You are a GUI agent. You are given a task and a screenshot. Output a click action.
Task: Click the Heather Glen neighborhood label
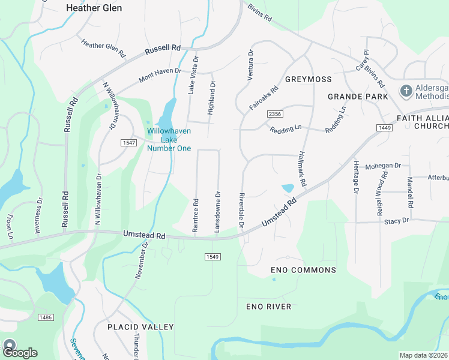coord(94,8)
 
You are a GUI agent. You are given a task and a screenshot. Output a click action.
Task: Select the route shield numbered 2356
coord(275,114)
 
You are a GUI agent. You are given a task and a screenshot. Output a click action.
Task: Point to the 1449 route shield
coord(385,128)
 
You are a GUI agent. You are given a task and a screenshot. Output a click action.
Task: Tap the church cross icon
coord(406,91)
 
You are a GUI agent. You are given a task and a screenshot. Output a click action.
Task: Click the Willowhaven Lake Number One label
coord(169,140)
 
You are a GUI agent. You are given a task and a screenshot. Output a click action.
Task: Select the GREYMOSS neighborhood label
coord(308,79)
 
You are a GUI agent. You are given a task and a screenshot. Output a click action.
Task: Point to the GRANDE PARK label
coord(354,97)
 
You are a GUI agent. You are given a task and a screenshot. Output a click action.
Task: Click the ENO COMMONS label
coord(304,270)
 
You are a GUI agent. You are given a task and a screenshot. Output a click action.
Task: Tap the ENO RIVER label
coord(268,307)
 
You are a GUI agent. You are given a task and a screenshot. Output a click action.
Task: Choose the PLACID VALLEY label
coord(140,327)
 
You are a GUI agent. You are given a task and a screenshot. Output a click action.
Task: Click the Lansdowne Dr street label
coord(218,212)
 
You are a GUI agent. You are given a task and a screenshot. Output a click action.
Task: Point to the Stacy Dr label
coord(396,221)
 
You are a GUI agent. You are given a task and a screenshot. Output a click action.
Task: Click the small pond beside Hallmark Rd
coord(288,188)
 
